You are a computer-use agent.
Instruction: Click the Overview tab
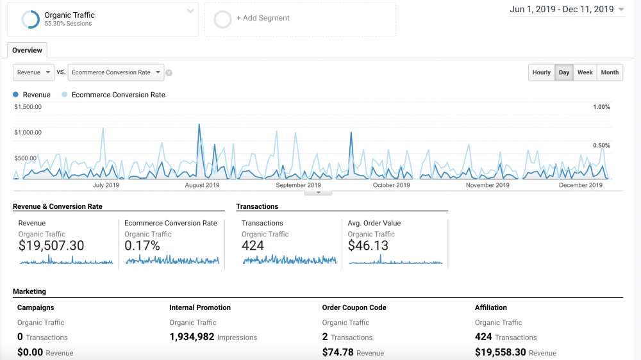pyautogui.click(x=27, y=51)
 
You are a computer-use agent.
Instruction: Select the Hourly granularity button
pyautogui.click(x=542, y=72)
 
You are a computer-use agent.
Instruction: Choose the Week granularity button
pyautogui.click(x=585, y=72)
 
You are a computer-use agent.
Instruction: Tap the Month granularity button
pyautogui.click(x=610, y=72)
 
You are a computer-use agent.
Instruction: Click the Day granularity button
pyautogui.click(x=564, y=72)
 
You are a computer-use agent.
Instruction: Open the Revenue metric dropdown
pyautogui.click(x=33, y=72)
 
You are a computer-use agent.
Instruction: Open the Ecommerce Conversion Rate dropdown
pyautogui.click(x=115, y=72)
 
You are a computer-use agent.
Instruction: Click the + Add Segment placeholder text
pyautogui.click(x=263, y=18)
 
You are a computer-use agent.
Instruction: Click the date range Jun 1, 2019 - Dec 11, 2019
pyautogui.click(x=562, y=9)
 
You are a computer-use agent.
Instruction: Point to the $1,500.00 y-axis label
pyautogui.click(x=28, y=107)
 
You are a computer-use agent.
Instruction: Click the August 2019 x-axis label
pyautogui.click(x=202, y=185)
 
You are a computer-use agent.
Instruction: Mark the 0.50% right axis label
pyautogui.click(x=601, y=145)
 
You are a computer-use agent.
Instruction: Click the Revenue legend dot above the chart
pyautogui.click(x=15, y=95)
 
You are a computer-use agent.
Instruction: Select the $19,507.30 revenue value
pyautogui.click(x=51, y=245)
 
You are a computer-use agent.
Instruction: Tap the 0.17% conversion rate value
pyautogui.click(x=142, y=245)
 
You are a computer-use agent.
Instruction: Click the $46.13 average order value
pyautogui.click(x=368, y=245)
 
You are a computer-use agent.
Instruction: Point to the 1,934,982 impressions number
pyautogui.click(x=192, y=337)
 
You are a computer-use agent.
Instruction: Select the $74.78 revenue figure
pyautogui.click(x=338, y=352)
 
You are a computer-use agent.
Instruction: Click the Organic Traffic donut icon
pyautogui.click(x=30, y=19)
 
